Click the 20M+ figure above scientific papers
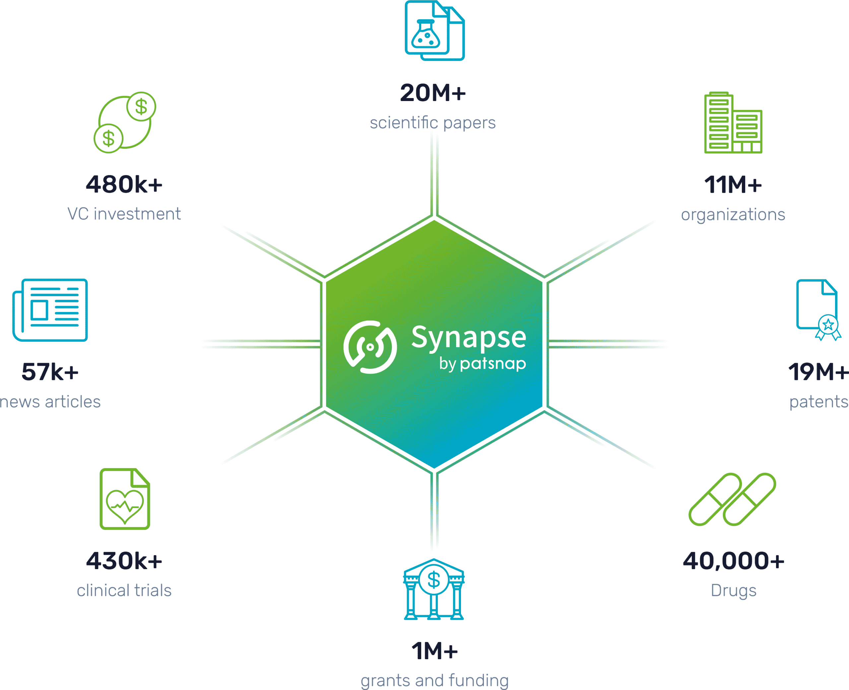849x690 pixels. (x=433, y=93)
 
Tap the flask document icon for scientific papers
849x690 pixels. (x=434, y=30)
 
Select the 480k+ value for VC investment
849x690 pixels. (x=124, y=185)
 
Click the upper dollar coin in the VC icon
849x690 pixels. (x=141, y=107)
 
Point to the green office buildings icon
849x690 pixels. (x=733, y=123)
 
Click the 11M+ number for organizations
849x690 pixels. (x=733, y=185)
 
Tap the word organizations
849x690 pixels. (x=733, y=215)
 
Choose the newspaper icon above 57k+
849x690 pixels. (x=50, y=310)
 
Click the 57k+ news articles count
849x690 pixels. (x=50, y=372)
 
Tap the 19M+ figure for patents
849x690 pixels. (x=818, y=372)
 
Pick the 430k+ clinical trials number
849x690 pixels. (x=124, y=561)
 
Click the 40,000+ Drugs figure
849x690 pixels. (x=734, y=561)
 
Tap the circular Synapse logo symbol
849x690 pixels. (x=370, y=347)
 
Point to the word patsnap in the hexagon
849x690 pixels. (x=493, y=364)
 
